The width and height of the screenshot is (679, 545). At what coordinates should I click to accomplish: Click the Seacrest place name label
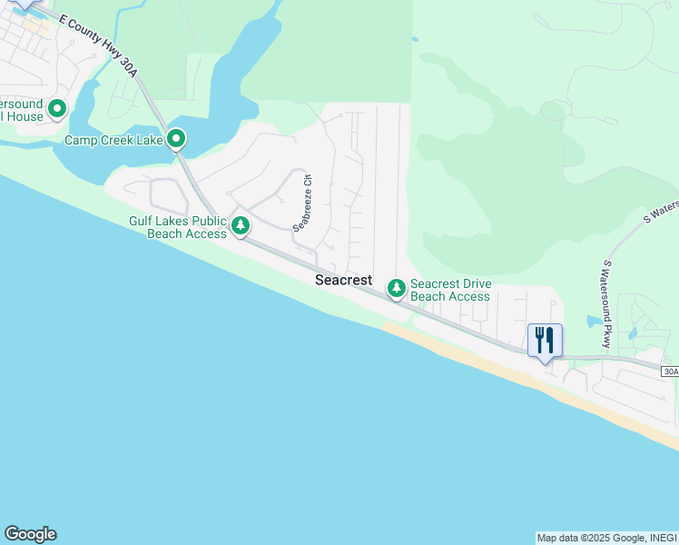coord(343,281)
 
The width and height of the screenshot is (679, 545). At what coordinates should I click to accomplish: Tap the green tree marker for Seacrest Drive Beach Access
coord(396,289)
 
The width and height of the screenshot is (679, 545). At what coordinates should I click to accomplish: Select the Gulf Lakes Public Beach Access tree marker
coord(240,225)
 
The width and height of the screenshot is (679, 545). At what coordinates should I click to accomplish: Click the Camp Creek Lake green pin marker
coord(176,140)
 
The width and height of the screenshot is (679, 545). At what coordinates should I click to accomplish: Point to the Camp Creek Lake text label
coord(113,141)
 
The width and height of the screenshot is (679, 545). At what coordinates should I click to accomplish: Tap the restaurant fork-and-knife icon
coord(545,341)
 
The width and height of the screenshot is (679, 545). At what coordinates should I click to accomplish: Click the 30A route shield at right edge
coord(670,372)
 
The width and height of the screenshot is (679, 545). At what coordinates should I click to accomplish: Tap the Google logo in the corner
coord(30,534)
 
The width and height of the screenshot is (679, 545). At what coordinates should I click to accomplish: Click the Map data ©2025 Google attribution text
coord(606,538)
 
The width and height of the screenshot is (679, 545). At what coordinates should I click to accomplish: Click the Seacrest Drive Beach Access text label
coord(450,290)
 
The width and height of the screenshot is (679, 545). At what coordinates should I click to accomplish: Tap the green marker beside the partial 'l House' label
coord(57,110)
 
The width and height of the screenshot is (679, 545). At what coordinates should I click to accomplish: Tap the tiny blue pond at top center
coord(415,39)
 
